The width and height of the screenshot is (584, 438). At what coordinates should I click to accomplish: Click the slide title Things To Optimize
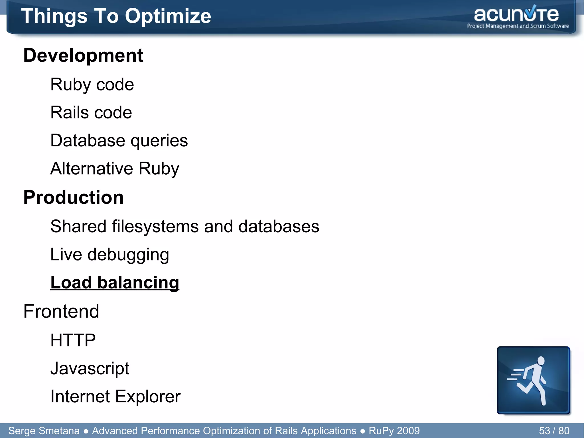116,16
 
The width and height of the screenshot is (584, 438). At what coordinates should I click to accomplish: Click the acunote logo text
516,15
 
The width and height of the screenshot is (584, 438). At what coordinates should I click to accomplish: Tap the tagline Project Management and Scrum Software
518,26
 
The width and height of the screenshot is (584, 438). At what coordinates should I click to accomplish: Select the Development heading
83,55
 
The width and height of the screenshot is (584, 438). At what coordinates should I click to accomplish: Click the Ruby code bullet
92,84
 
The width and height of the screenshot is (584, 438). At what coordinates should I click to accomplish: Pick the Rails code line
91,112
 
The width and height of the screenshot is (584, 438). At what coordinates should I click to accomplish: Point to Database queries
119,140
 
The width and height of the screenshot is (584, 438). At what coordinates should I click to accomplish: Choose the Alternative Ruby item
115,168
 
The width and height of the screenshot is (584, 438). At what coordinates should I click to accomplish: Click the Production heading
73,197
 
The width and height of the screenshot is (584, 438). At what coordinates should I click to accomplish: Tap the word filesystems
155,226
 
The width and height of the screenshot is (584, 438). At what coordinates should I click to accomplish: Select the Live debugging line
109,254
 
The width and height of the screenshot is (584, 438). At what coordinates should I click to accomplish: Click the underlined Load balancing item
115,282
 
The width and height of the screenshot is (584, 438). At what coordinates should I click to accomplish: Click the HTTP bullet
73,340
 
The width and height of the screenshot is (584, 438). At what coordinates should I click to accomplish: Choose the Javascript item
90,368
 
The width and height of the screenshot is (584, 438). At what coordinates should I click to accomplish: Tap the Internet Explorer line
115,396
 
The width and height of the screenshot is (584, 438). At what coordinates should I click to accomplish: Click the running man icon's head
541,361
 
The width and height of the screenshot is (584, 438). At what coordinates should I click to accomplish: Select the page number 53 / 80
554,431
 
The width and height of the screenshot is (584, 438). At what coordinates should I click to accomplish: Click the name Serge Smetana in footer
44,431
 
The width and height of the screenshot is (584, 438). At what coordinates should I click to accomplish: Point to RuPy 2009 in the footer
394,431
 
